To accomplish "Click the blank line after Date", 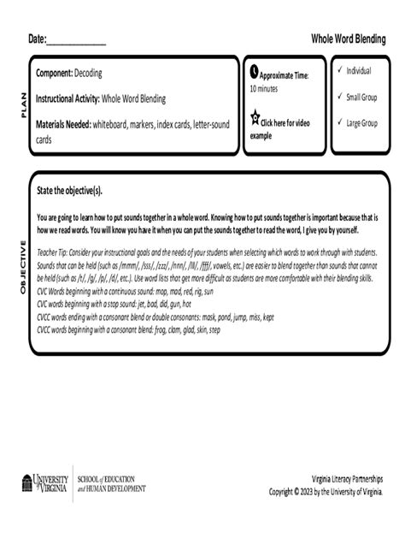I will click(x=76, y=40).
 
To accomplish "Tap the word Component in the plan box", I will click(x=53, y=74).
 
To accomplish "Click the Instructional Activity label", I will click(x=67, y=99).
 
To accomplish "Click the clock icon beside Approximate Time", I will click(x=254, y=73).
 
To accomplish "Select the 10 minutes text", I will click(x=264, y=88).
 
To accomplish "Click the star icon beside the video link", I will click(x=254, y=118).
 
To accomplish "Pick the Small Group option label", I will click(x=361, y=97).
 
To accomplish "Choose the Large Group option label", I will click(x=361, y=123).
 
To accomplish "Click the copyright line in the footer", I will click(x=326, y=491).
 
